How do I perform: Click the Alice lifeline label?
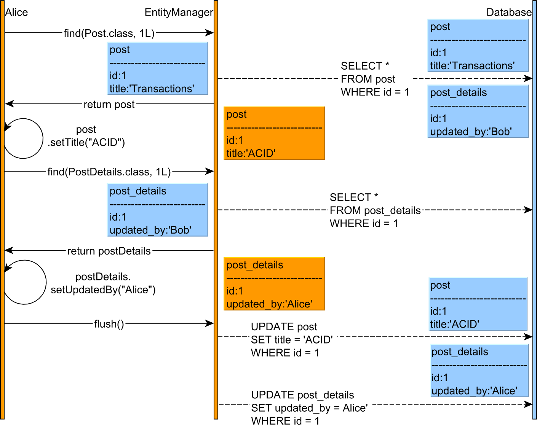(x=16, y=13)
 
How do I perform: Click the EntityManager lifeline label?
(x=178, y=13)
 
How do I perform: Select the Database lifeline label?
(x=508, y=13)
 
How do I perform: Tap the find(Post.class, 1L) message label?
(x=109, y=33)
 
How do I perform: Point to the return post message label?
(x=109, y=104)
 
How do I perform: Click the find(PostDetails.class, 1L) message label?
(x=109, y=172)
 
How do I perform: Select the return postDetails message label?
(x=109, y=251)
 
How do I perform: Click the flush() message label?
(x=109, y=324)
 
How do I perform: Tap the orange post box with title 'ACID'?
(x=274, y=133)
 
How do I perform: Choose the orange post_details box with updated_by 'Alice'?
(x=274, y=284)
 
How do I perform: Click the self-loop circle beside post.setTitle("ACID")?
(x=23, y=138)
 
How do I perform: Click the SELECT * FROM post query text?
(x=374, y=79)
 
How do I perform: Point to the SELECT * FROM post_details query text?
(x=375, y=210)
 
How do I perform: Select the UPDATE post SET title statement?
(x=292, y=340)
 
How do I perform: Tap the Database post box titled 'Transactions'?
(x=478, y=46)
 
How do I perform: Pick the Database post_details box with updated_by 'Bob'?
(x=478, y=111)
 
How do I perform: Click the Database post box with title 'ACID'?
(x=478, y=304)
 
